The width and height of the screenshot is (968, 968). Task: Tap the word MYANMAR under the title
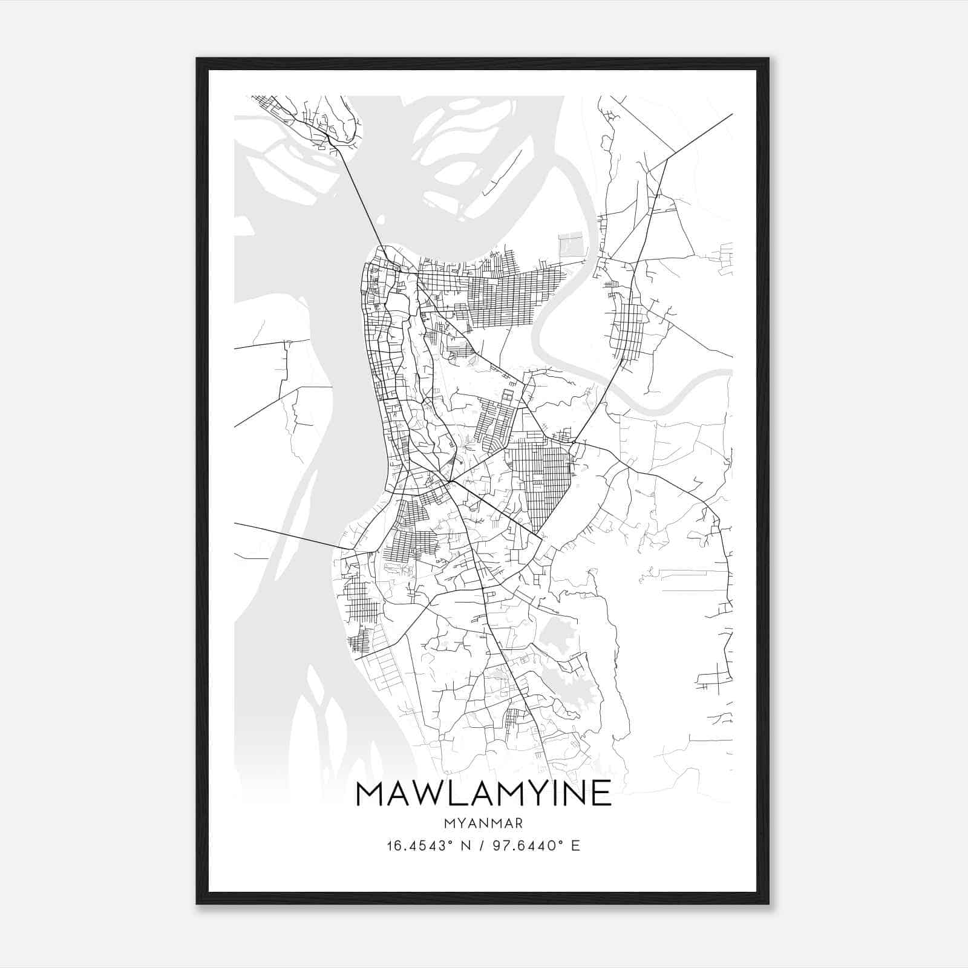[x=483, y=823]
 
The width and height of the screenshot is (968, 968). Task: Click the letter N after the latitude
[x=466, y=846]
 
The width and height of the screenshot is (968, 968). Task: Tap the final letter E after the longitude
[x=575, y=846]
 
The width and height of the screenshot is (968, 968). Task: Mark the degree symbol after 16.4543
[x=451, y=842]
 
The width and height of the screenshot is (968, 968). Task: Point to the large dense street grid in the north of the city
[x=508, y=296]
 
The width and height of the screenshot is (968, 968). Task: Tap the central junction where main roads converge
[x=449, y=482]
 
